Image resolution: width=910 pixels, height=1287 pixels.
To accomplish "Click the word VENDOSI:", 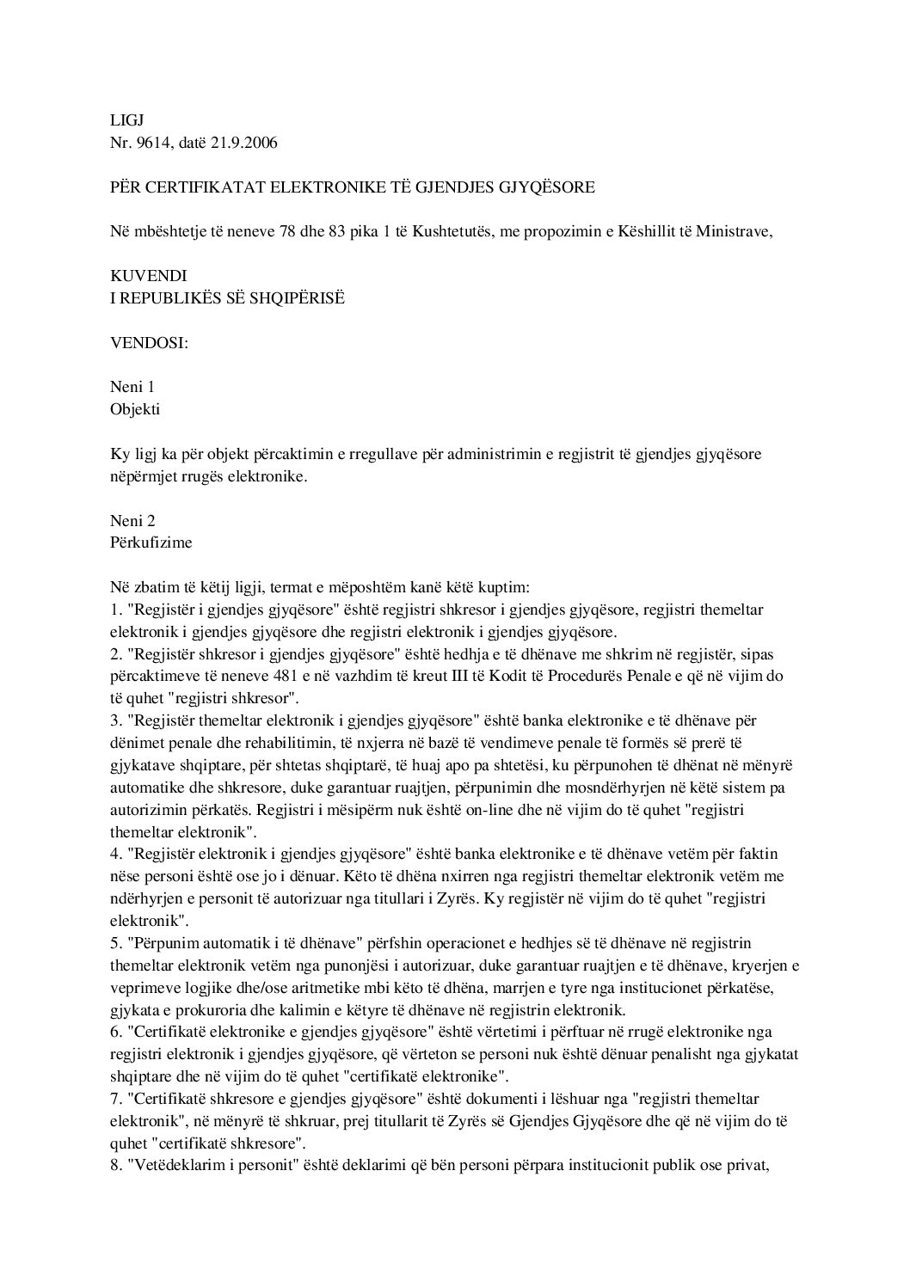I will [149, 342].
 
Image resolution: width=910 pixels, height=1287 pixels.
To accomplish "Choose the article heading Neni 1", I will [132, 387].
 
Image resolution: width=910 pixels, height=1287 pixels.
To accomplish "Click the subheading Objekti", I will [135, 409].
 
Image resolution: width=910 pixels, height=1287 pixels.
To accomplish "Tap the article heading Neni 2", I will [132, 520].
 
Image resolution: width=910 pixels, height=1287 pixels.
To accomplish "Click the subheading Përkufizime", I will [151, 542].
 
